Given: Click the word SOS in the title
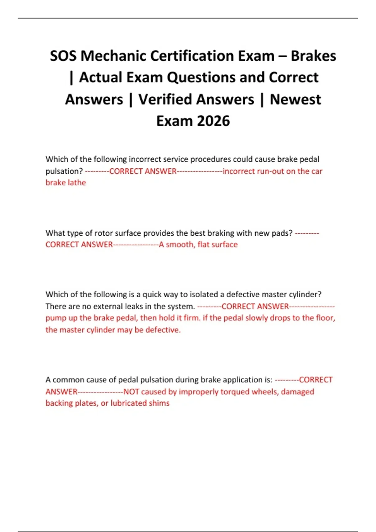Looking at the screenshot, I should (x=63, y=56).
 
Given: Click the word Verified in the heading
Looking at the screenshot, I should (x=196, y=100).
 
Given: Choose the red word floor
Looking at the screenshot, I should (x=325, y=318).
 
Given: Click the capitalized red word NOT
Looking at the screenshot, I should (x=131, y=392).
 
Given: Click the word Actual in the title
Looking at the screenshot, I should (x=100, y=78).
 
